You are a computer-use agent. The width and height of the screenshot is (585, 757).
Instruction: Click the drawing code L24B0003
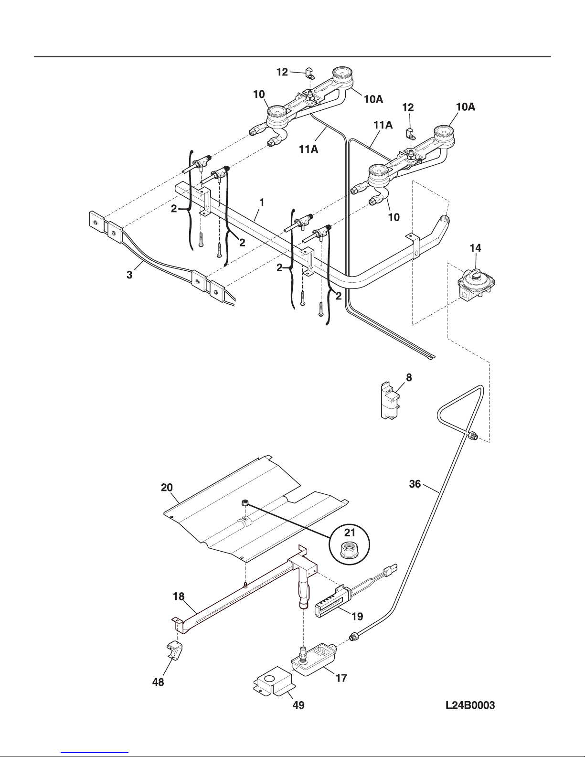[470, 705]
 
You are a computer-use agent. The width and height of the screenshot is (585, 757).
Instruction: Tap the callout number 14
[475, 248]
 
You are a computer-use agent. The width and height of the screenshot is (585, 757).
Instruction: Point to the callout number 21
[350, 533]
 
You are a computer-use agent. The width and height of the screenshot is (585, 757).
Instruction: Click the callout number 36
[415, 484]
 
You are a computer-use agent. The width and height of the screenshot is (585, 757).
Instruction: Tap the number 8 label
[409, 377]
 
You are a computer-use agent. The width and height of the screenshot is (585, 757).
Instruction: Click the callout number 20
[167, 487]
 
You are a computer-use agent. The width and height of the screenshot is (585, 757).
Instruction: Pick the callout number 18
[179, 597]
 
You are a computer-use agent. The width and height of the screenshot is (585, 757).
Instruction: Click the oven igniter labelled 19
[332, 602]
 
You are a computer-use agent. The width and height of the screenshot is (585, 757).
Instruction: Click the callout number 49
[298, 705]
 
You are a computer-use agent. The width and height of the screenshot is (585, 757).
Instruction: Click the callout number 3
[129, 275]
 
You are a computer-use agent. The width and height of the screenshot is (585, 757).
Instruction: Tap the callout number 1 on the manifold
[262, 203]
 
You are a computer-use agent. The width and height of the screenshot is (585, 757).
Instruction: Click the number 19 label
[357, 617]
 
